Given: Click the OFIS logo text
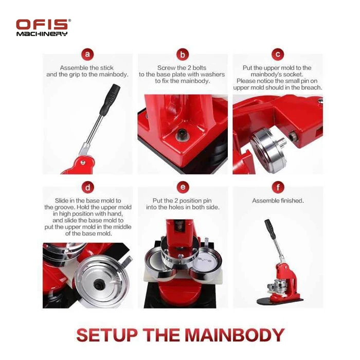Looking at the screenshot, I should [x=42, y=24].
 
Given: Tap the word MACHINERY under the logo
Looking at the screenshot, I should [x=42, y=33].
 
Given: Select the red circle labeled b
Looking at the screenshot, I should [x=182, y=54].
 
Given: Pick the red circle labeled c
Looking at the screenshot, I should [x=278, y=54].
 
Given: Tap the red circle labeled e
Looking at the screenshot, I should [x=182, y=187].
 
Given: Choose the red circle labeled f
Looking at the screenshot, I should [x=278, y=187].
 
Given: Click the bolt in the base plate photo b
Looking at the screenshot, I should [x=181, y=134].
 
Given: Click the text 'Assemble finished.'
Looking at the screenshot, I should [x=278, y=201].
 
